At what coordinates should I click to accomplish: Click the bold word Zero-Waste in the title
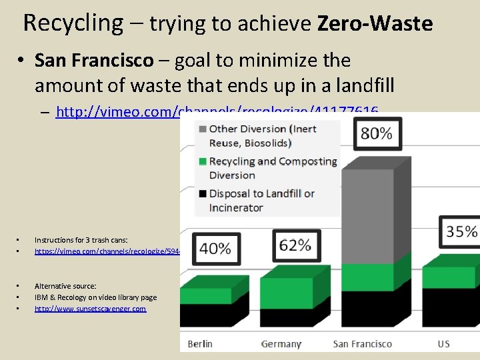(375, 24)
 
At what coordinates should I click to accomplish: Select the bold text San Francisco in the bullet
(93, 61)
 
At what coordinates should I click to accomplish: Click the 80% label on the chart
(377, 133)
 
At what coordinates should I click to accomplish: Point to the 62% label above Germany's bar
(295, 245)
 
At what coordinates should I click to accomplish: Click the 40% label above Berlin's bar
(215, 249)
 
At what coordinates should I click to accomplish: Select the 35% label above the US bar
(461, 231)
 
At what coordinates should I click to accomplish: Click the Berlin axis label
(200, 344)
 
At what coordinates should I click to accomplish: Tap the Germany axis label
(281, 344)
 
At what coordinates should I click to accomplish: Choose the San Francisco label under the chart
(363, 344)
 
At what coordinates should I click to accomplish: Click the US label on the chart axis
(444, 344)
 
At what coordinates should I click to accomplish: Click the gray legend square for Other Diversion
(201, 129)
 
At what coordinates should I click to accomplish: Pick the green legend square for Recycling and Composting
(201, 161)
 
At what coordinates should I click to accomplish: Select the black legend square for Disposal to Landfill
(201, 194)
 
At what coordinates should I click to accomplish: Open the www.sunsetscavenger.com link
(90, 309)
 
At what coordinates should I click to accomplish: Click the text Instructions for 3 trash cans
(81, 239)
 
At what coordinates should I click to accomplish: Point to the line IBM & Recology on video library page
(95, 297)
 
